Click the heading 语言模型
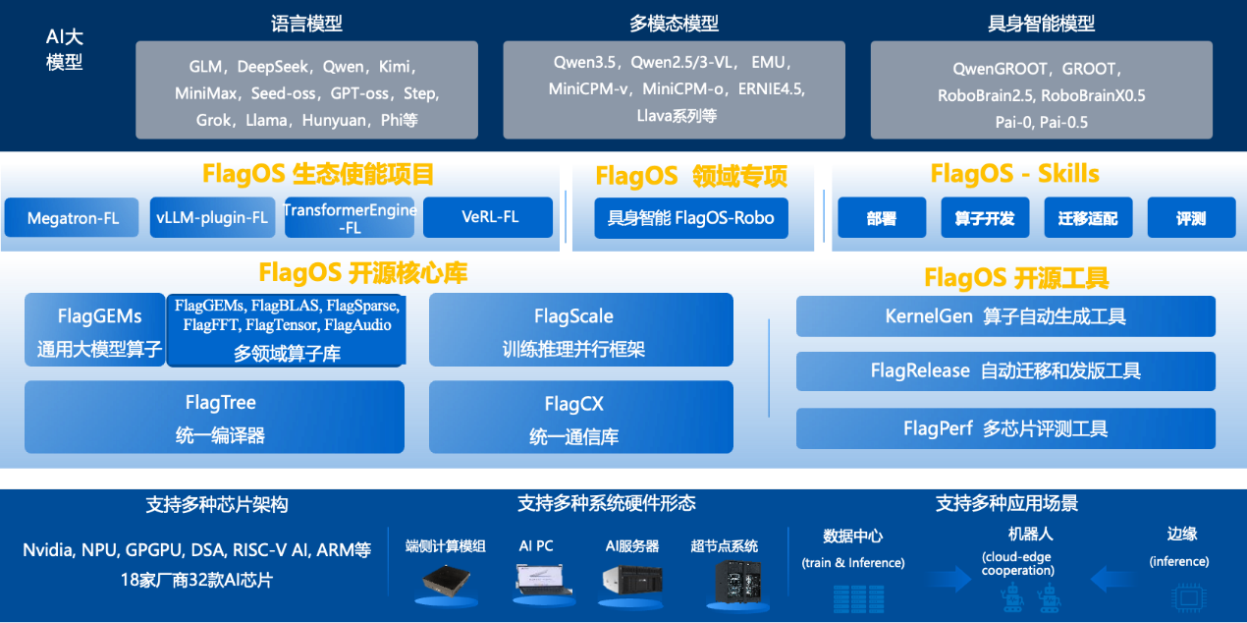[x=305, y=24]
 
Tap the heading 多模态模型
[x=674, y=24]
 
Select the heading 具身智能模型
[x=1041, y=24]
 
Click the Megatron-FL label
[x=74, y=218]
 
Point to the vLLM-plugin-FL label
[x=211, y=218]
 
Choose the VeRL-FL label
[x=490, y=217]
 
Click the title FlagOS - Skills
[x=1014, y=175]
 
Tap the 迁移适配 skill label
[x=1088, y=219]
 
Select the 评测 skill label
[x=1191, y=219]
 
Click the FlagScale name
[x=573, y=316]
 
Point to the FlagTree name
[x=220, y=403]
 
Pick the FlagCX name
[x=573, y=404]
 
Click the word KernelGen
[x=928, y=316]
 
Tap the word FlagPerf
[x=938, y=429]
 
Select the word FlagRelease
[x=920, y=371]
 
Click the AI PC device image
[x=537, y=583]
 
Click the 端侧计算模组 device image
[x=445, y=584]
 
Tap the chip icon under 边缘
[x=1188, y=595]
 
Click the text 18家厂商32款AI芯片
[x=196, y=580]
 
